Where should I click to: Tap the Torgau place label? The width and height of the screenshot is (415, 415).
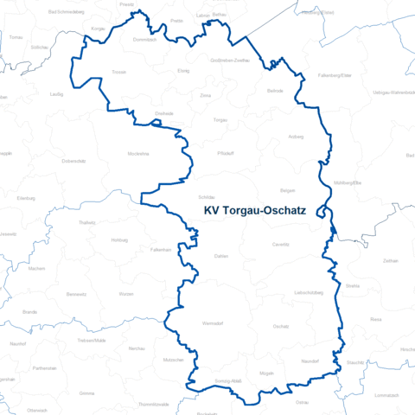(220, 119)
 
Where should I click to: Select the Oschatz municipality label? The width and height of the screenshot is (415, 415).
(280, 326)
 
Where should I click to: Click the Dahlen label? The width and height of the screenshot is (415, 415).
(220, 257)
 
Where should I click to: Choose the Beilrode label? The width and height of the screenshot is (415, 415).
(275, 91)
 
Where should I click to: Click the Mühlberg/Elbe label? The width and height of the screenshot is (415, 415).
(347, 183)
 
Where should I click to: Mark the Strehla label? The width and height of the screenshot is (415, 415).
(352, 284)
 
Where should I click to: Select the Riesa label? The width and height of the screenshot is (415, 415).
(375, 319)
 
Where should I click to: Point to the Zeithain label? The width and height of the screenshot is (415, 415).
(390, 259)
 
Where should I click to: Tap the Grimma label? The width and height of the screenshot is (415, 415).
(86, 393)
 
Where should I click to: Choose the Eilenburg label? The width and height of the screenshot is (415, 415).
(26, 198)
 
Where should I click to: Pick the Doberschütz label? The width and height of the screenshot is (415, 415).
(73, 161)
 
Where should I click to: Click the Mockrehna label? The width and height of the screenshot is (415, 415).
(138, 152)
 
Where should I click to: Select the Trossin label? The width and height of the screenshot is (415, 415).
(119, 73)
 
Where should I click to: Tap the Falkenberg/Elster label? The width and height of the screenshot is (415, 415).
(335, 76)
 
